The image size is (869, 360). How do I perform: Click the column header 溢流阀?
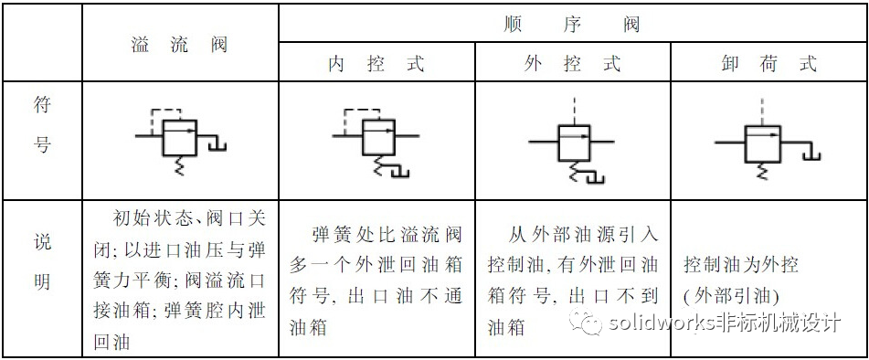(179, 44)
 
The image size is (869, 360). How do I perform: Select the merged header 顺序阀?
(572, 24)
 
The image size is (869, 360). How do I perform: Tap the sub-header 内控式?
(376, 64)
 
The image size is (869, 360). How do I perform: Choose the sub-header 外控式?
(573, 64)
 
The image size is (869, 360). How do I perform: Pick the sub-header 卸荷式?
(768, 64)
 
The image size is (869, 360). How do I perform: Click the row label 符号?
(42, 124)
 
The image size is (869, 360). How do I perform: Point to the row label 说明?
(42, 263)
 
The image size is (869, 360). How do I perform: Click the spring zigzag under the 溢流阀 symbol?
(177, 165)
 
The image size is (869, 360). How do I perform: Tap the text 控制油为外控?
(741, 265)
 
